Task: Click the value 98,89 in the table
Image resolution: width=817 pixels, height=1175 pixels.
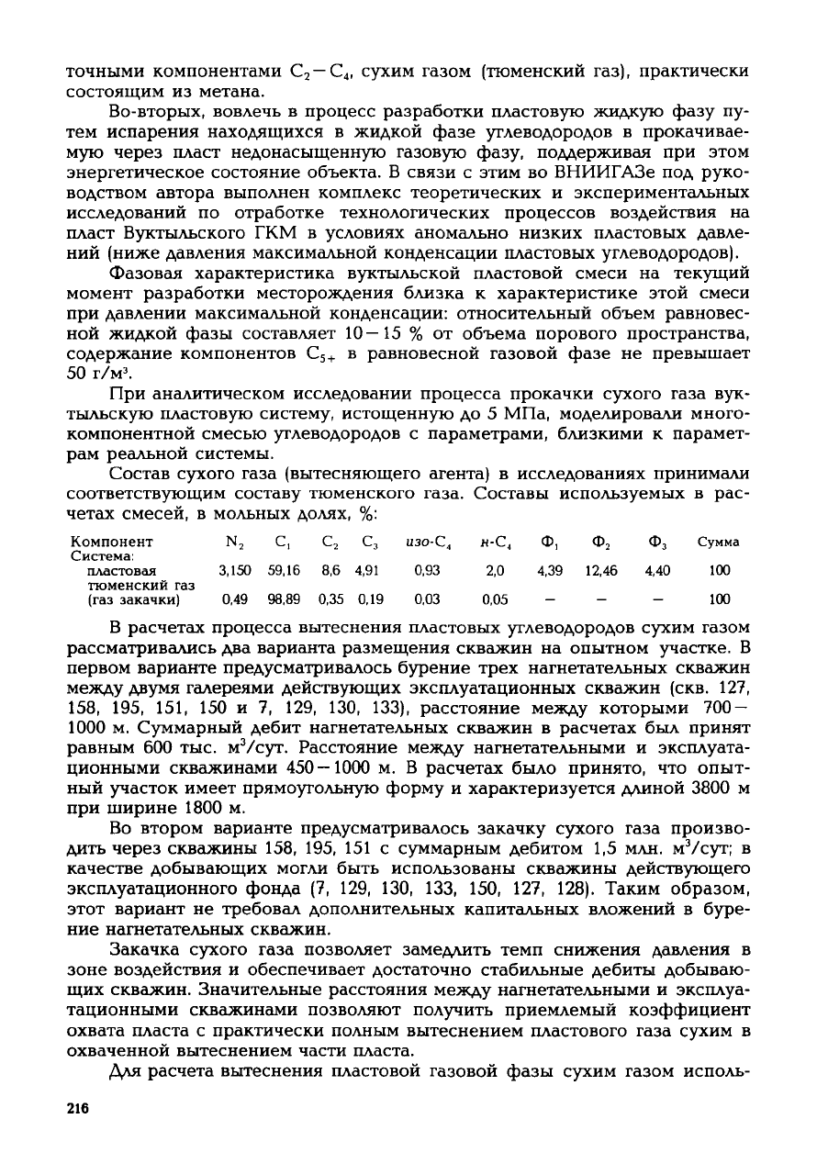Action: (277, 599)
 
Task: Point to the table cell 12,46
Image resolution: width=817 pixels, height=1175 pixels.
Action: (602, 570)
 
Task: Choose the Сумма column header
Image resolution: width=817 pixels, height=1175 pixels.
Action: (720, 542)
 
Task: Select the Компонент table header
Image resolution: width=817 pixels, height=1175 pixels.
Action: (112, 542)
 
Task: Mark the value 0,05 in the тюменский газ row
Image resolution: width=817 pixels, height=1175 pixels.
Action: (495, 599)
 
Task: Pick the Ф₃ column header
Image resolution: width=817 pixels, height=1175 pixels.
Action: (657, 542)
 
